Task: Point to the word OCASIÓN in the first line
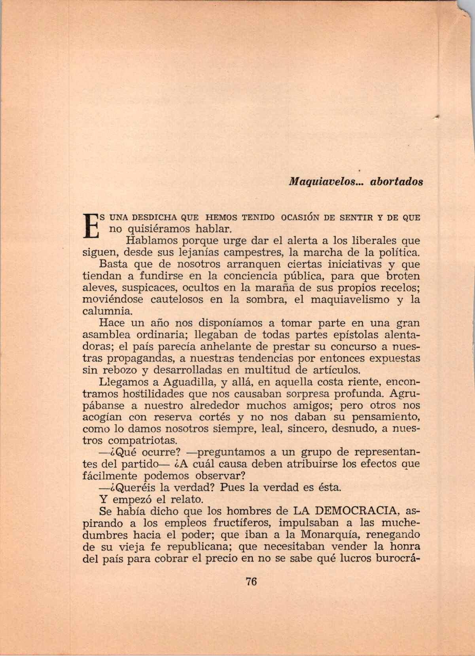(299, 217)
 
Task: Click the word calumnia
(105, 311)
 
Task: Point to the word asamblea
(104, 335)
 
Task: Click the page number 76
(251, 582)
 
